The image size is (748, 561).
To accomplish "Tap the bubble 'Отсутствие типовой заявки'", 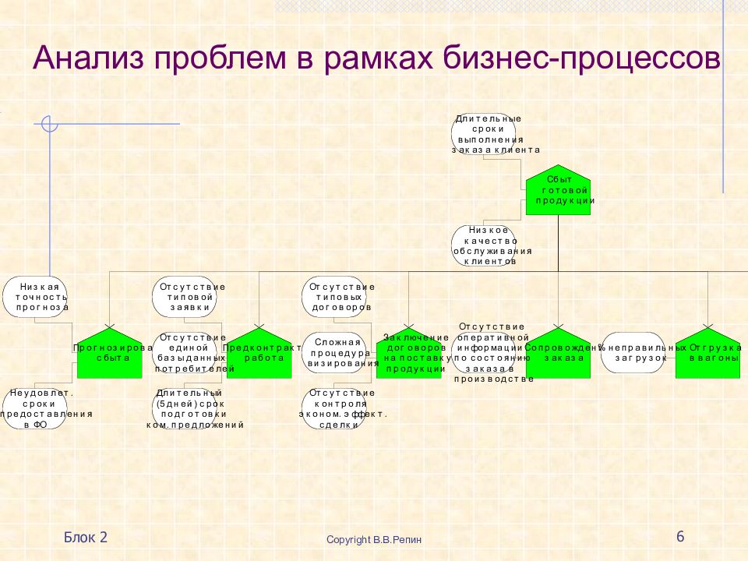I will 185,297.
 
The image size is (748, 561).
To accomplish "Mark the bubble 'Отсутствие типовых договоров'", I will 334,297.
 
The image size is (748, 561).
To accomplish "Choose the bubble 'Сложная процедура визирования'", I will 334,352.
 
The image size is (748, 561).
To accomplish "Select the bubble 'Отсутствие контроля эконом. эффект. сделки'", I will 334,409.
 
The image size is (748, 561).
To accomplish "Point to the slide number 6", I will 680,536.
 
